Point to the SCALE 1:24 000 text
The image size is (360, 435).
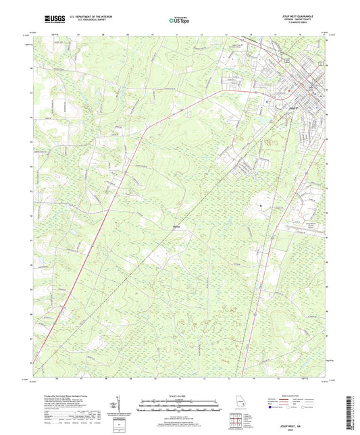click(x=180, y=396)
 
